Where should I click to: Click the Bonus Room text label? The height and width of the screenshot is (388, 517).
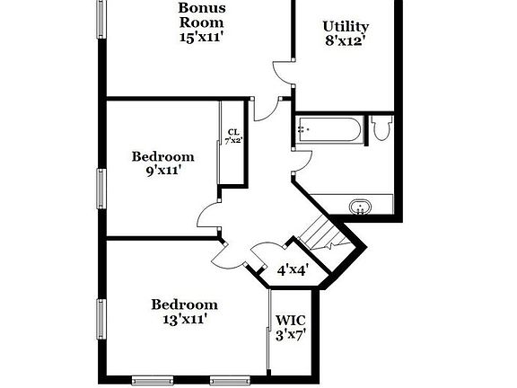200,15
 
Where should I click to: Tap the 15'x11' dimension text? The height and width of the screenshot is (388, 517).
200,38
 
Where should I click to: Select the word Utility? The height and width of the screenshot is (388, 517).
346,26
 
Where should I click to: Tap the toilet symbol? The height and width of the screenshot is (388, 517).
381,129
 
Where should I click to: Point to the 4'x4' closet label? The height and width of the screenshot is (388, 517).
292,269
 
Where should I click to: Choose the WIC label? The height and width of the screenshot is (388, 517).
291,320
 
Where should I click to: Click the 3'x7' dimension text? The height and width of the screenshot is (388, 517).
291,335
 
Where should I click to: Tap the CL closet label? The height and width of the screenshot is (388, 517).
232,131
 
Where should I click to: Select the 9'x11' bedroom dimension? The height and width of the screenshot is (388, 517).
162,172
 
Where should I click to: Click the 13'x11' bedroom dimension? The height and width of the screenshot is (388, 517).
183,319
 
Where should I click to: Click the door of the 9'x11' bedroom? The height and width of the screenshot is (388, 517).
208,216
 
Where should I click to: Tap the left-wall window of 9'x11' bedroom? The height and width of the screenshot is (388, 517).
101,187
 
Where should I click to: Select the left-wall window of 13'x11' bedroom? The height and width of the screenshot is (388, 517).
101,320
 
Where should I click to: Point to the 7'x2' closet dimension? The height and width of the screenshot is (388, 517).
232,140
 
